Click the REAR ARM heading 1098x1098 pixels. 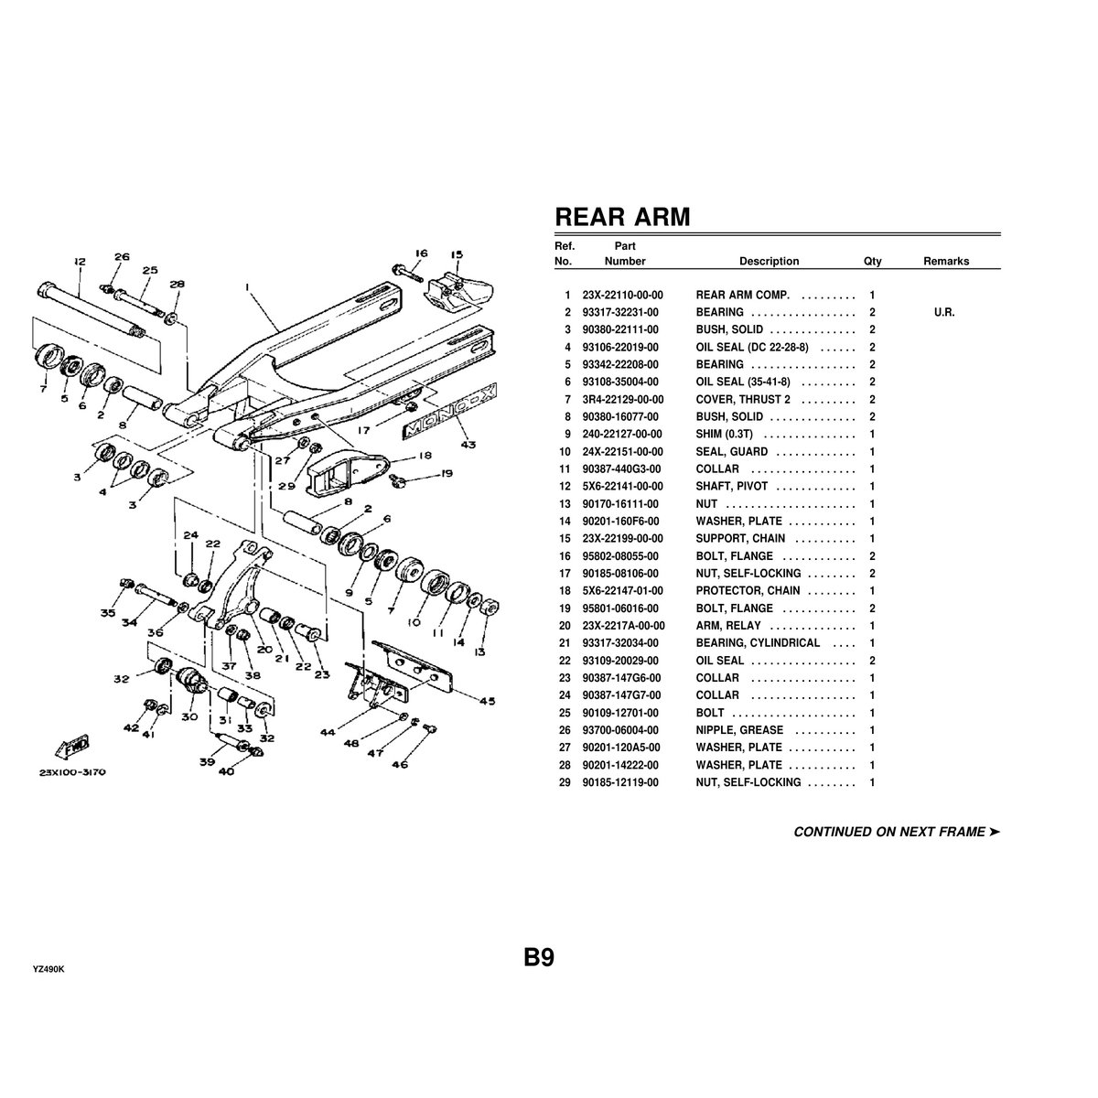[x=622, y=218]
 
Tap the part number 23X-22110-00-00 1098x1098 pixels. [x=622, y=296]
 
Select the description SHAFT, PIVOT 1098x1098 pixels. [x=731, y=487]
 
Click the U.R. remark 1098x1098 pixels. [x=944, y=313]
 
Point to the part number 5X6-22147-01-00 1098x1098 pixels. [x=622, y=591]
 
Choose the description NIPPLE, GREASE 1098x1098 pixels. [x=739, y=730]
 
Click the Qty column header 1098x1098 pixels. [x=872, y=262]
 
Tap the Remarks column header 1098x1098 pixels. [x=945, y=262]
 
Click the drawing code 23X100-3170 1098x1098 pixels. [x=72, y=772]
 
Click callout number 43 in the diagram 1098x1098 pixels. [x=468, y=446]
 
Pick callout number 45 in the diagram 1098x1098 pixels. [x=487, y=702]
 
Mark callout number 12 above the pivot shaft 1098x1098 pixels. [x=79, y=262]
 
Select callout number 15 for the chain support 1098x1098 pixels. [x=457, y=255]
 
